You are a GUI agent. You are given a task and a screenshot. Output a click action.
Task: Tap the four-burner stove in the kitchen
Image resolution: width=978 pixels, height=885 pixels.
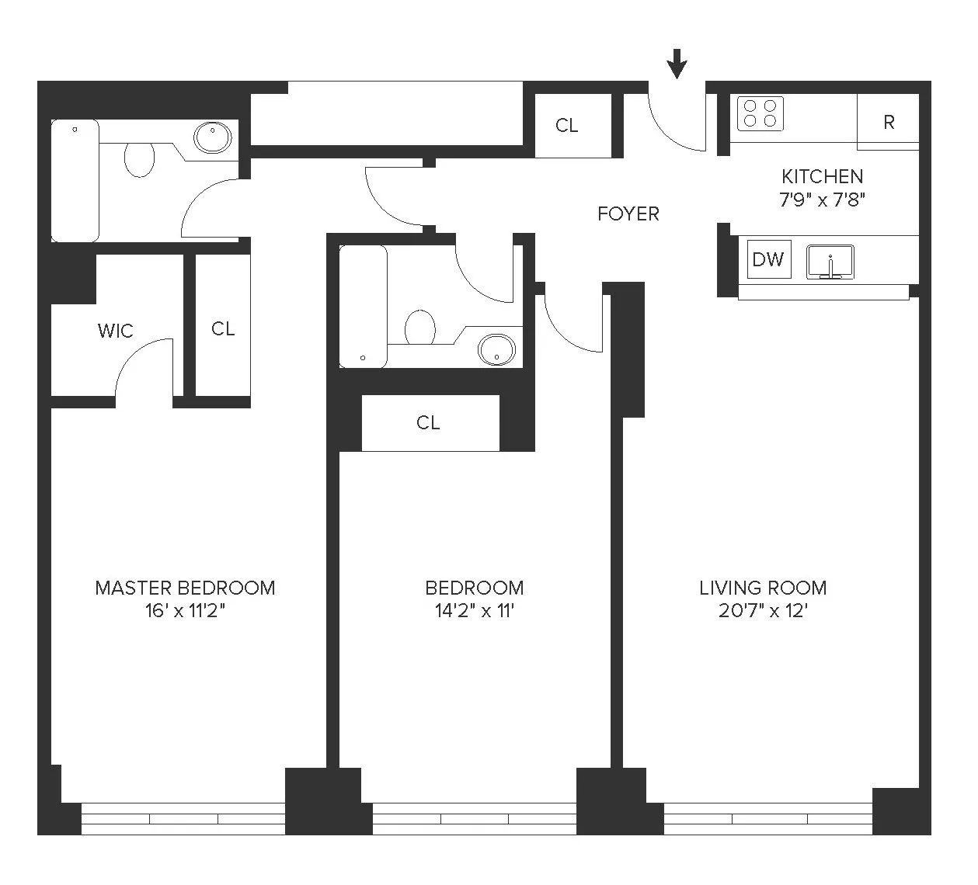click(x=760, y=113)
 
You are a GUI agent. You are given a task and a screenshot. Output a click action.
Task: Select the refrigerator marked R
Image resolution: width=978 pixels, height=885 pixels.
click(x=889, y=122)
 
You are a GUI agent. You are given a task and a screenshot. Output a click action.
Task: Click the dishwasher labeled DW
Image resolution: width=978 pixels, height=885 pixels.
click(x=767, y=259)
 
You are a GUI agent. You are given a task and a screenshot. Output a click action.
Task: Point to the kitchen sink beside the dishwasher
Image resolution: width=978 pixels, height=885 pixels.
click(x=830, y=262)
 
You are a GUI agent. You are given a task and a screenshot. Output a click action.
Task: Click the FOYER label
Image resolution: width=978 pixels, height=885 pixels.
click(x=628, y=213)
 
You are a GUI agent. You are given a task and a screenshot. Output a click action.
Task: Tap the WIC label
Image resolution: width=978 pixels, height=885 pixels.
click(x=115, y=331)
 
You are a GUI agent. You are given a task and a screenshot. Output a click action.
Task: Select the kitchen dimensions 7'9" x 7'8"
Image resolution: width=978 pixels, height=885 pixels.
click(x=822, y=199)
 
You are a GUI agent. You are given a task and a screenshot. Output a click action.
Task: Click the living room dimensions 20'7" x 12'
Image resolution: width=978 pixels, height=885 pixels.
click(x=763, y=611)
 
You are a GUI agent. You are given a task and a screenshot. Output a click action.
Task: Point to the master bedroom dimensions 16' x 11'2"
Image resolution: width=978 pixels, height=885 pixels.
click(x=185, y=611)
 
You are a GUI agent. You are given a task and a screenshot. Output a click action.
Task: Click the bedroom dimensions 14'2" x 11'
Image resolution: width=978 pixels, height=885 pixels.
click(x=474, y=611)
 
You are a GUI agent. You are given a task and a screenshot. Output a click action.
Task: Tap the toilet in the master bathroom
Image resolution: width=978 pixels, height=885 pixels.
click(x=140, y=159)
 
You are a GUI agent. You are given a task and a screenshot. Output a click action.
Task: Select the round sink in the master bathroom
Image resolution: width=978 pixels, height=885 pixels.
click(x=212, y=138)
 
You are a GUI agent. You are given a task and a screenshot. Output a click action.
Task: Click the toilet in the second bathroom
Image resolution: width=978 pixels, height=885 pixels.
click(x=420, y=327)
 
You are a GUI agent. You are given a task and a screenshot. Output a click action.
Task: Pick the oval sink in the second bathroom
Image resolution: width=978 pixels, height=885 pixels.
click(x=496, y=349)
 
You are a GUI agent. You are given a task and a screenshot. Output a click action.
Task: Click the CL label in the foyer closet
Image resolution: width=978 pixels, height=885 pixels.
click(x=566, y=126)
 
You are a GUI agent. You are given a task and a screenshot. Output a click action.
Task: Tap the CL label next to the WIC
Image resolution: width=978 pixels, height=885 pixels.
click(x=223, y=329)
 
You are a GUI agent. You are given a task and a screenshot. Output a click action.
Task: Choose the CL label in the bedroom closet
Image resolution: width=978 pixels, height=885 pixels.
click(x=428, y=423)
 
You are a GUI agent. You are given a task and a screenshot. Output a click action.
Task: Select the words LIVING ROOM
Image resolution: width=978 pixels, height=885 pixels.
click(x=763, y=588)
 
